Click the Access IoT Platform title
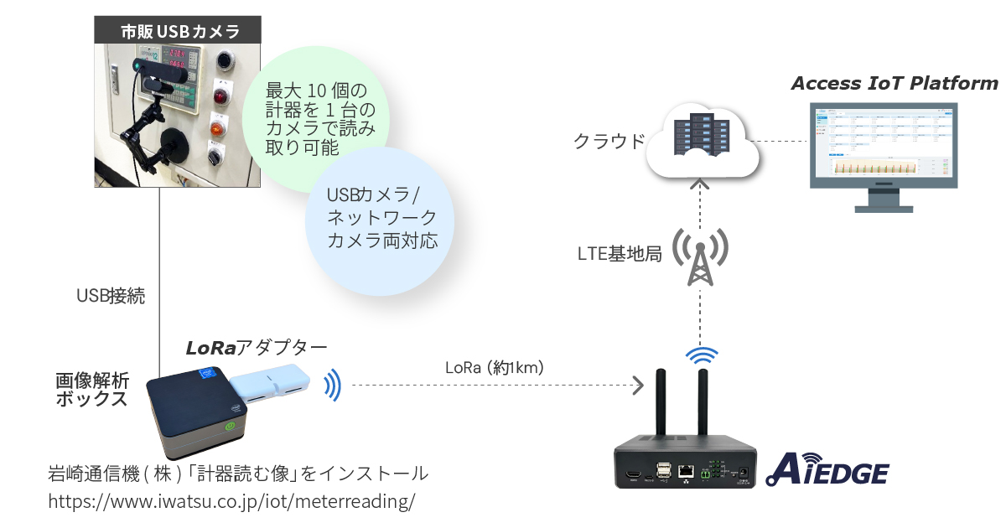[894, 83]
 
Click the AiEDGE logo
[827, 470]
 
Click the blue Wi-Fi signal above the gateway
[702, 355]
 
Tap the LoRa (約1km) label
[494, 367]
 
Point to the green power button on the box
[228, 425]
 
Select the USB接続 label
[110, 296]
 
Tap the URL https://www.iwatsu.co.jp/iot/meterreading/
[231, 502]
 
